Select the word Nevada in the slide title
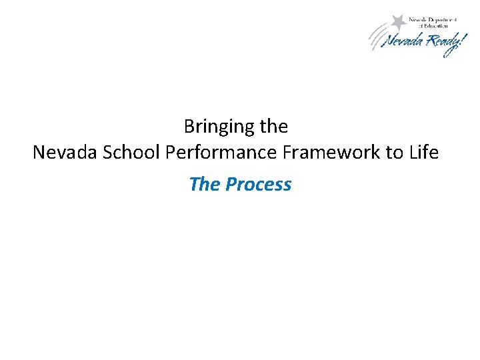[63, 153]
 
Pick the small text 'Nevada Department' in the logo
[433, 20]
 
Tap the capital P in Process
[231, 184]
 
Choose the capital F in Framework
[288, 153]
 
